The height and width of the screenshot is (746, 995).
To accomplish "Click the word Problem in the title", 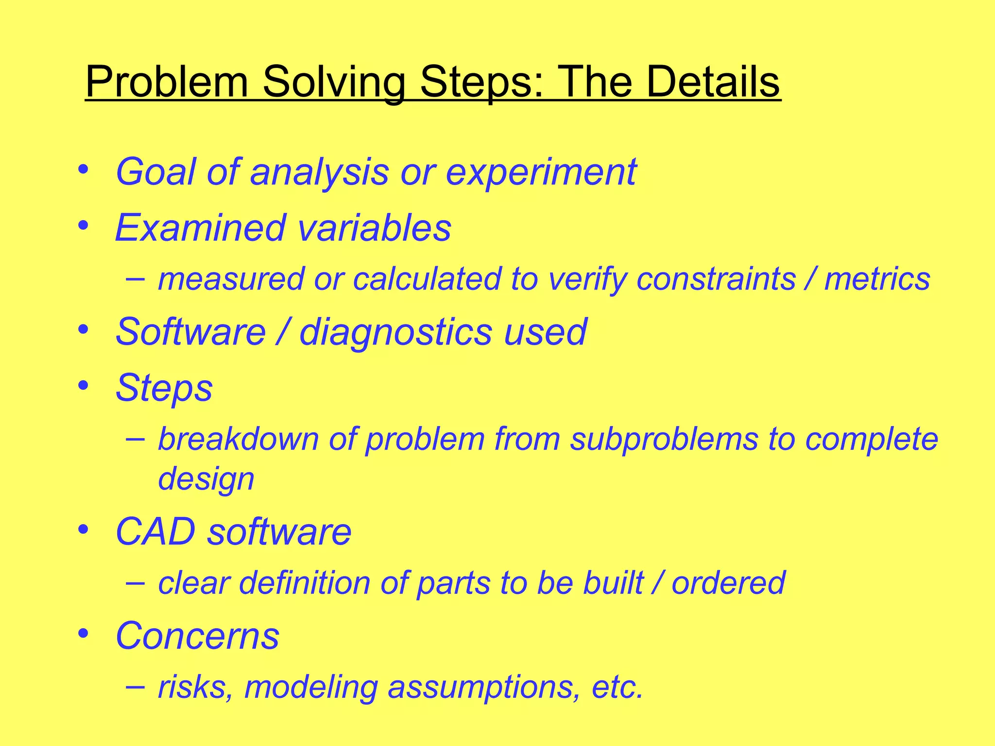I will pos(167,83).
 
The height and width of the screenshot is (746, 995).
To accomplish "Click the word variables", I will pos(375,228).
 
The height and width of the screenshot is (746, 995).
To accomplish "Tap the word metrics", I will pos(877,280).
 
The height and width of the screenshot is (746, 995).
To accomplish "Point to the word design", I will pos(206,479).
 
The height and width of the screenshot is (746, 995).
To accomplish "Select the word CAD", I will pos(155,532).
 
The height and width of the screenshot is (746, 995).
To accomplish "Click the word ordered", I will pos(728,583).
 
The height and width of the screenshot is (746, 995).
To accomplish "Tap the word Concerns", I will pos(197,636).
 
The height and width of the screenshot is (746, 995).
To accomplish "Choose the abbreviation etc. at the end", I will pos(618,687).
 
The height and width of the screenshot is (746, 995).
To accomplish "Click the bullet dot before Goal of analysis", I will pos(84,170).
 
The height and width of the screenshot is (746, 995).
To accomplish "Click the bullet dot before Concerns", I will pos(84,633).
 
